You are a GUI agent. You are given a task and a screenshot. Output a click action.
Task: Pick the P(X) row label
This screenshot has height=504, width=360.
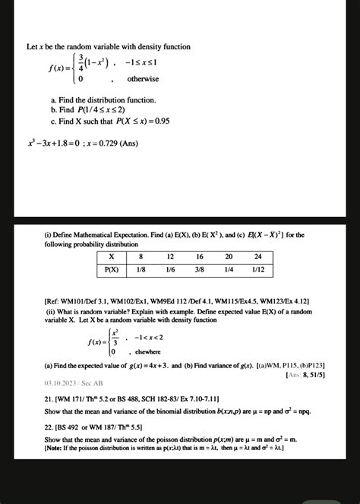112,269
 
